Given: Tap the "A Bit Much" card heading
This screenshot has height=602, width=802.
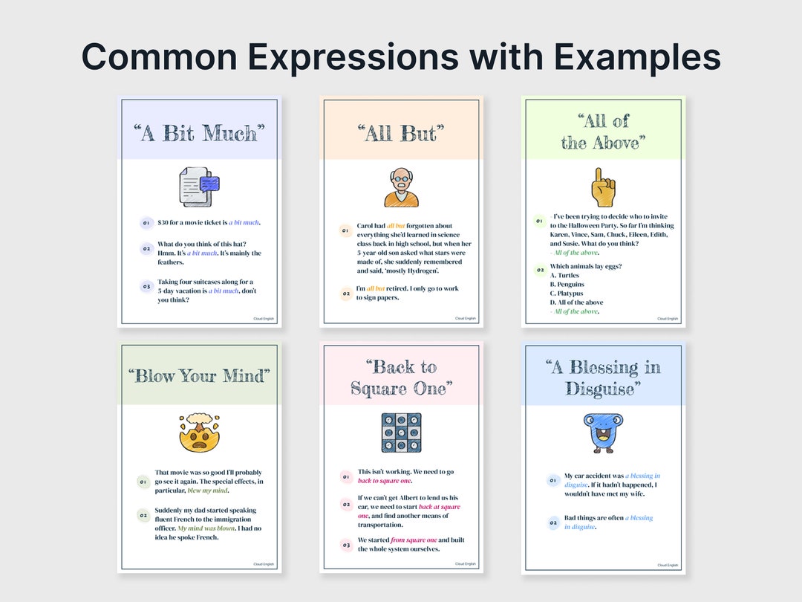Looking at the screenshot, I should point(199,134).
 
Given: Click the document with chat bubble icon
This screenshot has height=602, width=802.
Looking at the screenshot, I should point(199,187).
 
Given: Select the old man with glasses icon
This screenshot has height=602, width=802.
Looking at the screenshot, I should point(401,187).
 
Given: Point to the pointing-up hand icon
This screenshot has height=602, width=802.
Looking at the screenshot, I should point(603,187).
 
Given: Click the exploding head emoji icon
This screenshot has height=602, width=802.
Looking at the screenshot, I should point(199,433).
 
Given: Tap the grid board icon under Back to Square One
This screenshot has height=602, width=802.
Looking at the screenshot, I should point(401,433).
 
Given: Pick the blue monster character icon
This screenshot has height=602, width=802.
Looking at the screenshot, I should point(603,433).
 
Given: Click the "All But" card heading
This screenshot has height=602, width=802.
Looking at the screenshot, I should point(401,134).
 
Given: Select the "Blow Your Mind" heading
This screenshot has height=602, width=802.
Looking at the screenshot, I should point(199,376).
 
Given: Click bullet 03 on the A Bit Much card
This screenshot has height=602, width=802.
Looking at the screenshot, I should point(146,286).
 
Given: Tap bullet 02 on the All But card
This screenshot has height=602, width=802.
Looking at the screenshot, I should point(345,294).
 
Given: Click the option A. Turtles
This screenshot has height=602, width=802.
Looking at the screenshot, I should point(564,276).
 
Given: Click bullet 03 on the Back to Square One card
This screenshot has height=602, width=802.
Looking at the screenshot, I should point(346,545).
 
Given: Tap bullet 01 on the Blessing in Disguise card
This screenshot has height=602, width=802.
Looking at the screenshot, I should point(552,480).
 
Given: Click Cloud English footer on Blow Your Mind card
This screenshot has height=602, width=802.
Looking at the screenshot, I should point(264,564).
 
